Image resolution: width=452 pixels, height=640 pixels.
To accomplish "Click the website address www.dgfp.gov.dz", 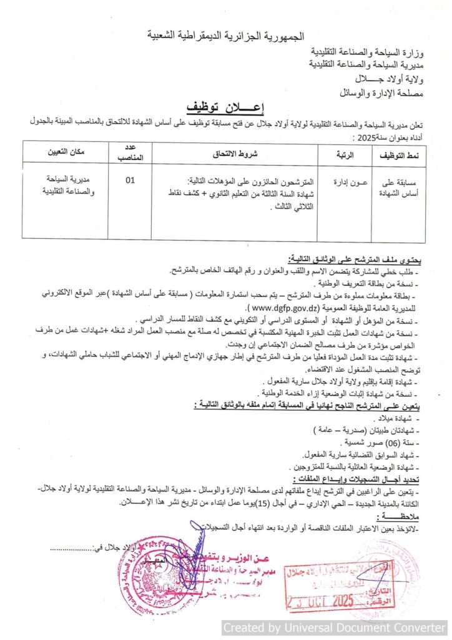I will click(x=284, y=308).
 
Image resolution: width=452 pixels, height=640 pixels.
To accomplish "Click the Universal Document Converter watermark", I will click(x=335, y=627).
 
